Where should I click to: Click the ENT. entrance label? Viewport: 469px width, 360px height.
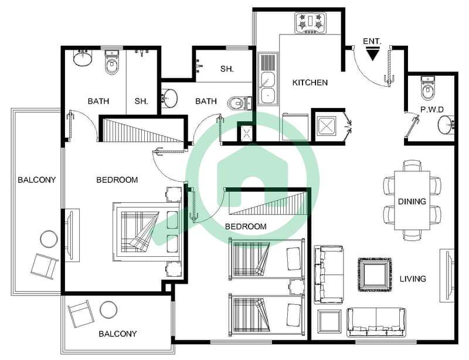[x=372, y=41]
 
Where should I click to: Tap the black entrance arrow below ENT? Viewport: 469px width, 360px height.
[x=372, y=55]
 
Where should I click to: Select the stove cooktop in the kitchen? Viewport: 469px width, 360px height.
[x=311, y=23]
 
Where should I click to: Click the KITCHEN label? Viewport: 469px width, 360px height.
[x=310, y=83]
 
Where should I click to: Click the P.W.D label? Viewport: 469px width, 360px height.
[x=432, y=110]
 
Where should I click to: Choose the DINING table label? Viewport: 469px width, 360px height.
[x=412, y=201]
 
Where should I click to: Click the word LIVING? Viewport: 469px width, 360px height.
[x=413, y=279]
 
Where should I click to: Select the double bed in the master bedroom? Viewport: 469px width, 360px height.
[x=147, y=232]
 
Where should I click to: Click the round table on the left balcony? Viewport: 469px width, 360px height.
[x=49, y=239]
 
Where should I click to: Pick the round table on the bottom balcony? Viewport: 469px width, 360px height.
[x=108, y=310]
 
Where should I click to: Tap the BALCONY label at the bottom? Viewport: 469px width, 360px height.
[x=118, y=334]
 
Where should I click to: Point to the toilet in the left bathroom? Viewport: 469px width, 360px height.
[x=111, y=62]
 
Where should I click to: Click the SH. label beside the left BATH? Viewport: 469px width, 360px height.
[x=141, y=101]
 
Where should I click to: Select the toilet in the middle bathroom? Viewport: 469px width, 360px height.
[x=239, y=104]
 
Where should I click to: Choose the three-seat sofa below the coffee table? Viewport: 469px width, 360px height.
[x=376, y=322]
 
